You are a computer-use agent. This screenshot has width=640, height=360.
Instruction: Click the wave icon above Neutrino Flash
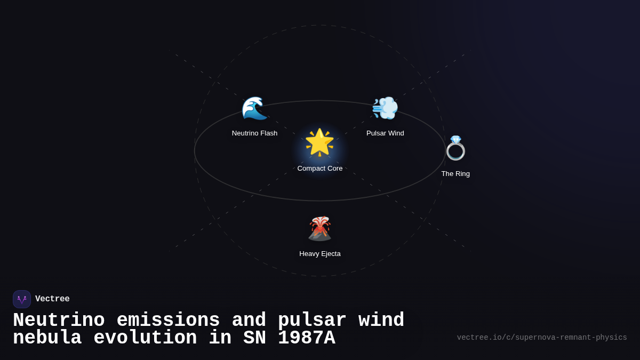pyautogui.click(x=254, y=108)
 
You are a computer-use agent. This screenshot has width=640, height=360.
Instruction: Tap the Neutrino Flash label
pyautogui.click(x=254, y=133)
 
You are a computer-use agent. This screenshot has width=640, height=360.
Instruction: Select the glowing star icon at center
pyautogui.click(x=319, y=142)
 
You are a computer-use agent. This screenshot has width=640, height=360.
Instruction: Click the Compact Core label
pyautogui.click(x=320, y=169)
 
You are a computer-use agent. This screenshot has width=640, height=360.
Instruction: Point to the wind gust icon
pyautogui.click(x=385, y=108)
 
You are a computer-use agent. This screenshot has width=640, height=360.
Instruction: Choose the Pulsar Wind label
pyautogui.click(x=385, y=133)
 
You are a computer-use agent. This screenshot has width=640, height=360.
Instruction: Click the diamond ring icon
pyautogui.click(x=455, y=149)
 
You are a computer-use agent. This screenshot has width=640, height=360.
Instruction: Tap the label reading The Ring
pyautogui.click(x=455, y=174)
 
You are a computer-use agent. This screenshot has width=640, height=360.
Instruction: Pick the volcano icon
pyautogui.click(x=320, y=229)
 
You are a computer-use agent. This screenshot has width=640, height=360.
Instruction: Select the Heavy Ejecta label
pyautogui.click(x=320, y=254)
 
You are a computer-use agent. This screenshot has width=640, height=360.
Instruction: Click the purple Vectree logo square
pyautogui.click(x=22, y=299)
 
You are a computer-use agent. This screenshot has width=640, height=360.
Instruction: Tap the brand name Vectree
pyautogui.click(x=52, y=299)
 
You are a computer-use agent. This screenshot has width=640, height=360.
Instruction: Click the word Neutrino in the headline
pyautogui.click(x=59, y=321)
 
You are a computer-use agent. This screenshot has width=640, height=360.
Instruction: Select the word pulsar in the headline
pyautogui.click(x=312, y=321)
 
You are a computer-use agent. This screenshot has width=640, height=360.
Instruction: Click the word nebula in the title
pyautogui.click(x=47, y=338)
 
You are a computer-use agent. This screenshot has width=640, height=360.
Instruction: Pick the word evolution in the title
pyautogui.click(x=145, y=338)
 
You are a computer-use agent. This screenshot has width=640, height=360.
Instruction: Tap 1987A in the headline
pyautogui.click(x=307, y=338)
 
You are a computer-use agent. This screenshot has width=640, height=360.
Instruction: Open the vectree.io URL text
pyautogui.click(x=542, y=338)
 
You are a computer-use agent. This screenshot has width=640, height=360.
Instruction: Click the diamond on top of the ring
pyautogui.click(x=455, y=139)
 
